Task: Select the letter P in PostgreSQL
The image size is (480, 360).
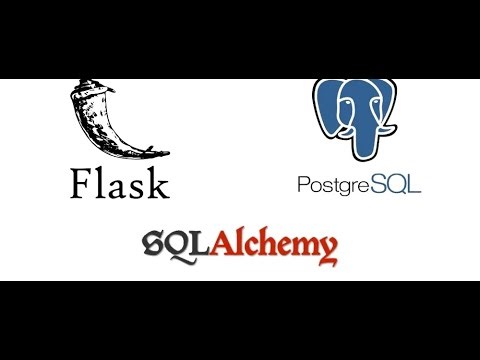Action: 304,185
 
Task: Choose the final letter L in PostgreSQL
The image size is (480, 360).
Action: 414,185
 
